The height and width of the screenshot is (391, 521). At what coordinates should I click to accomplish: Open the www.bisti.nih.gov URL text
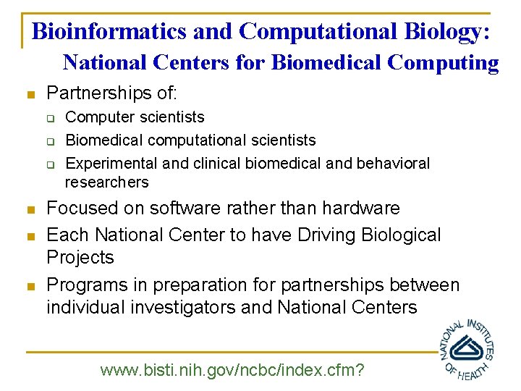point(232,371)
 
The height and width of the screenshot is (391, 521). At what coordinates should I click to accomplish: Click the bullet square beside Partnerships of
point(29,94)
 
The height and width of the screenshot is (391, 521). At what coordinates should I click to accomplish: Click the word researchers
point(106,182)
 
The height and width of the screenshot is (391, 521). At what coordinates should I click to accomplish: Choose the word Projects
point(80,258)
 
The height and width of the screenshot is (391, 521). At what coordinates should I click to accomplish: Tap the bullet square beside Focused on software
point(29,210)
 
